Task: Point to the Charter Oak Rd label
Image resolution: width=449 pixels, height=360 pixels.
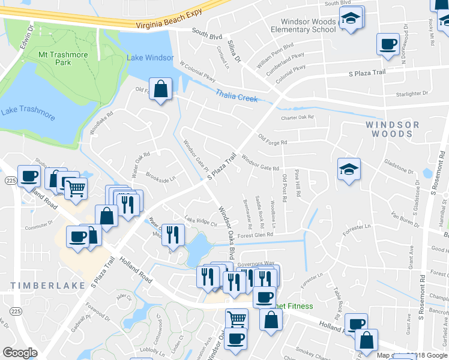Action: pos(298,118)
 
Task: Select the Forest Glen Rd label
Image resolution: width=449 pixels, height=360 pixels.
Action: pos(255,235)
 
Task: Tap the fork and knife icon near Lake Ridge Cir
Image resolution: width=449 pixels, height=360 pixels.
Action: pos(173,235)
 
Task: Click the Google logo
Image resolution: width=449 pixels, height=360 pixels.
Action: pos(20,353)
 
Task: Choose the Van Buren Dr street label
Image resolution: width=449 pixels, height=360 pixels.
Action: pos(404,217)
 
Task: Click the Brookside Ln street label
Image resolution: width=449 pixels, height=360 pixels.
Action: pos(161,179)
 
